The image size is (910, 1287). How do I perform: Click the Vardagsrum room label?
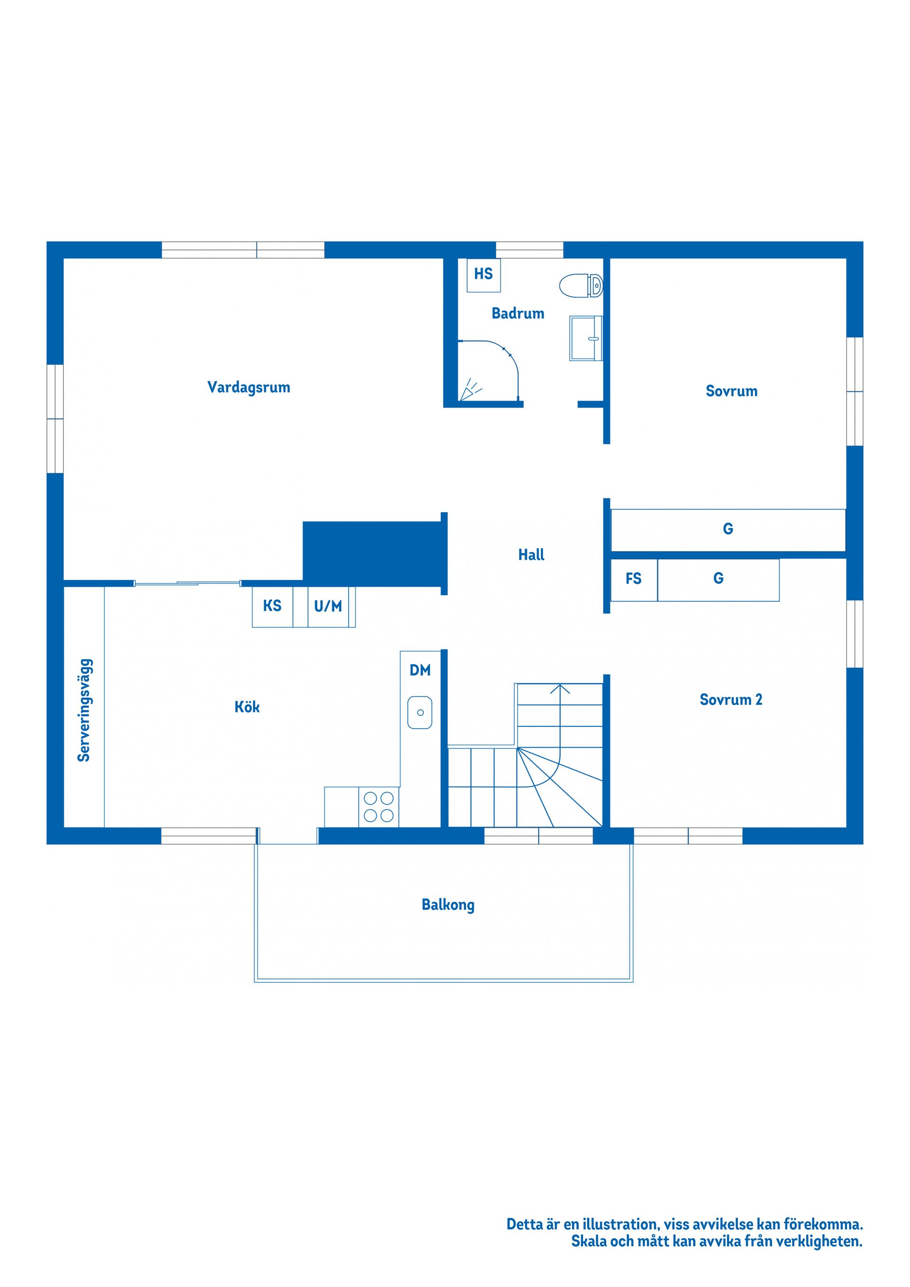(248, 387)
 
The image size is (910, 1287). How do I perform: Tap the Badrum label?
(518, 313)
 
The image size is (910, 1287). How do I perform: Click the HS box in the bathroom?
(483, 274)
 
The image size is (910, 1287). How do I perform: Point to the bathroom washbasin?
(586, 338)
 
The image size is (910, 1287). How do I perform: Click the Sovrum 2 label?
(730, 699)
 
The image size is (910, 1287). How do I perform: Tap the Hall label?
(531, 555)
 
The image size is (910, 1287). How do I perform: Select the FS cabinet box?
(634, 579)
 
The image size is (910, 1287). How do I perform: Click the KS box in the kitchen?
(273, 606)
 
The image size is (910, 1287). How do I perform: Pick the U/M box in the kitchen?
(328, 606)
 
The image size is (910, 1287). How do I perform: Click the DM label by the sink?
(420, 670)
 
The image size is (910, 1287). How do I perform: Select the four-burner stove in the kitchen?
(379, 807)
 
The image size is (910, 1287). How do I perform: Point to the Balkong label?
(447, 905)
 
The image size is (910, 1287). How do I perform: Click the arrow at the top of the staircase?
(560, 689)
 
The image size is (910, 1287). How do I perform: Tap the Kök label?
(247, 707)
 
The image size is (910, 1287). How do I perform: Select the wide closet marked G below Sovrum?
(728, 529)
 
